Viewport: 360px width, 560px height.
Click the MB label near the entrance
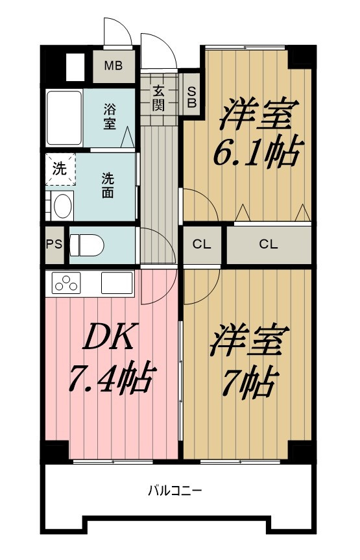click(x=114, y=66)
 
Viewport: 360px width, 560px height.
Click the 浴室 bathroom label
click(x=110, y=116)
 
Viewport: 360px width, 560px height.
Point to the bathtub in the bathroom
click(x=64, y=119)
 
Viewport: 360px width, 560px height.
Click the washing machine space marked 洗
click(x=60, y=169)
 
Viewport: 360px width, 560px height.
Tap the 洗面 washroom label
click(x=108, y=184)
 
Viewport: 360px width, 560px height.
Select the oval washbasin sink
click(x=62, y=206)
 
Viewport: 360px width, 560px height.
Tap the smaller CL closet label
click(x=202, y=245)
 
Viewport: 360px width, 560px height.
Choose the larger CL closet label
click(x=269, y=245)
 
